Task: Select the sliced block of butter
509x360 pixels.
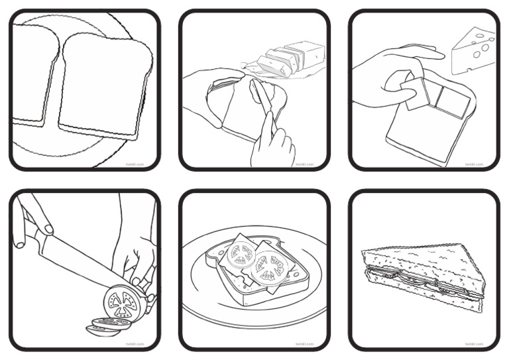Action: [292, 56]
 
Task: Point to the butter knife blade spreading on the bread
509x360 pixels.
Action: [258, 95]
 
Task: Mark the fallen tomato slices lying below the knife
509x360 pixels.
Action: [106, 325]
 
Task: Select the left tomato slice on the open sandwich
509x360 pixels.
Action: [239, 255]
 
